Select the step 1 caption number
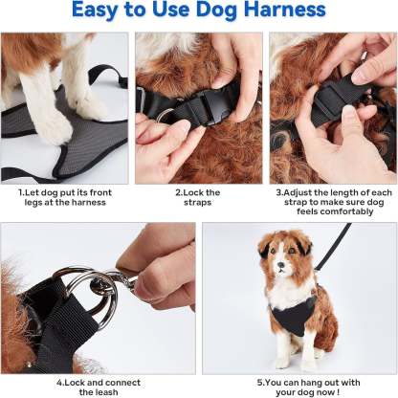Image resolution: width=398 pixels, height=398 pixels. (x=20, y=191)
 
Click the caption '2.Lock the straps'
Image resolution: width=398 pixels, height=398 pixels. (x=197, y=197)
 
